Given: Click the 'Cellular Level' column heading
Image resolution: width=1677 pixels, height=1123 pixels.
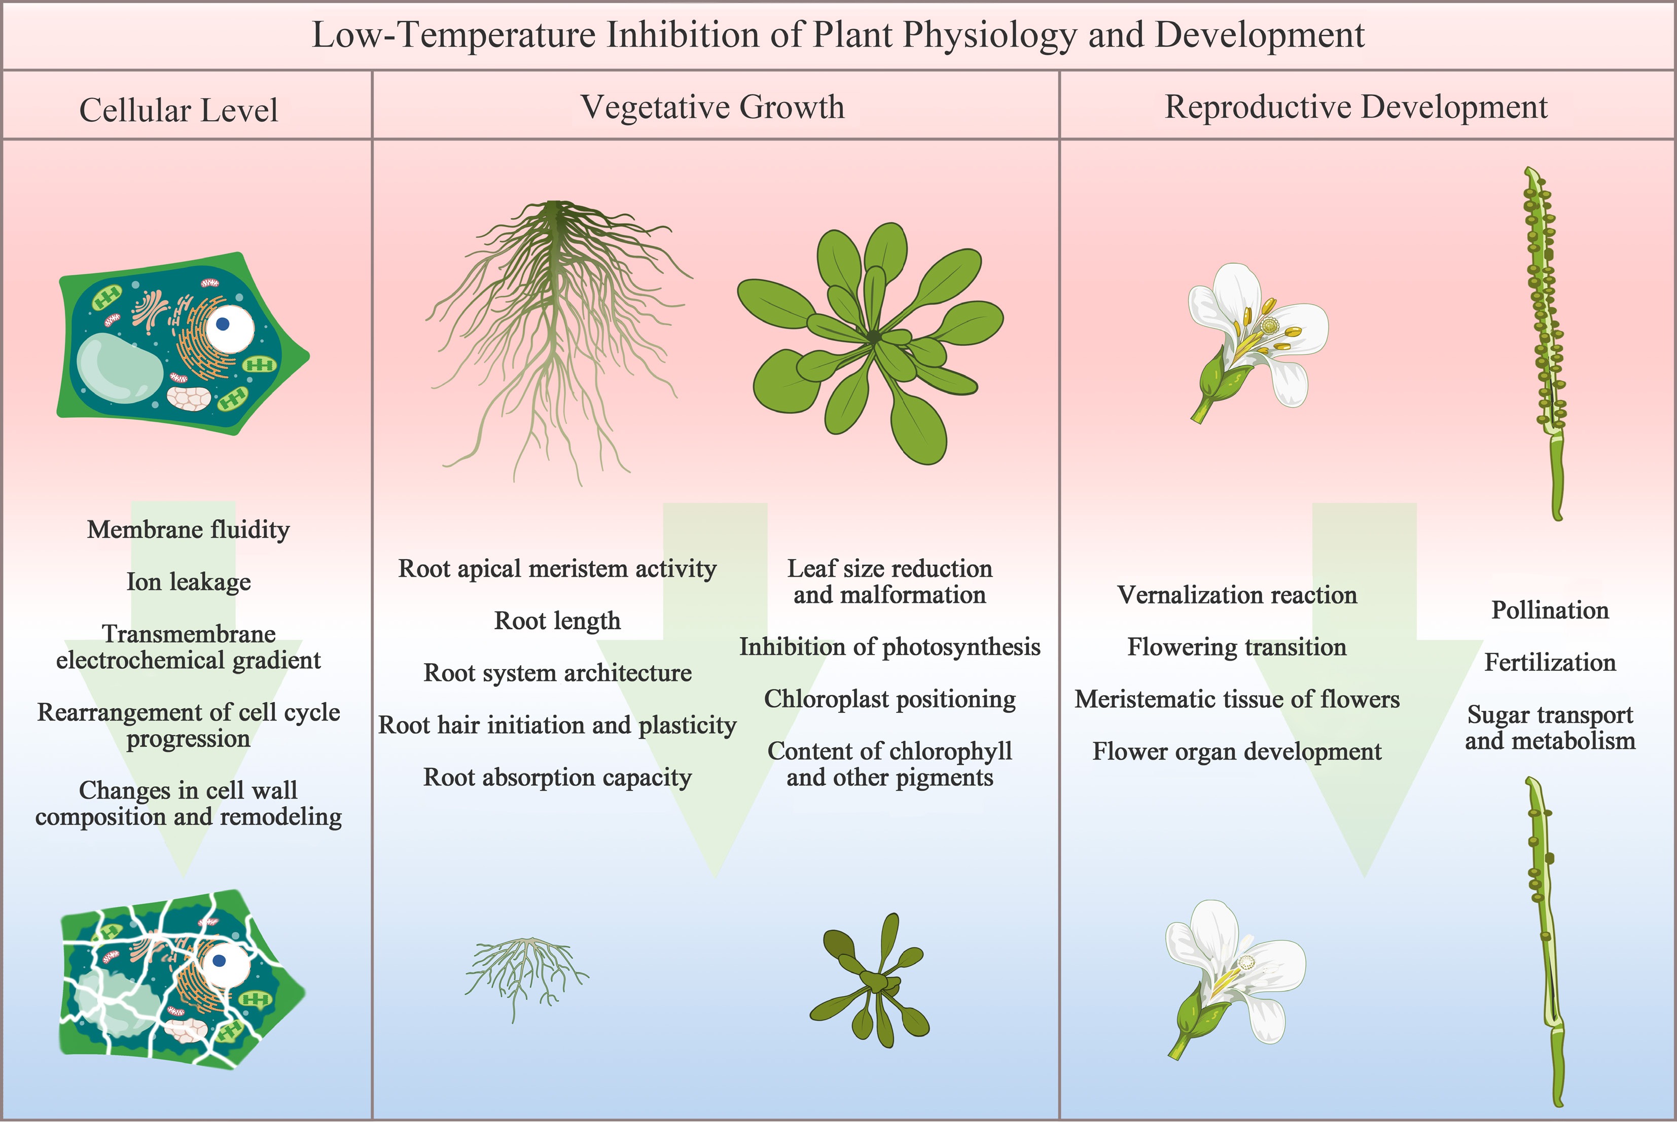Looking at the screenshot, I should point(179,111).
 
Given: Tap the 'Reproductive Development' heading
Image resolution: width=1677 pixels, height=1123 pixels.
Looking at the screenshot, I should point(1355,107).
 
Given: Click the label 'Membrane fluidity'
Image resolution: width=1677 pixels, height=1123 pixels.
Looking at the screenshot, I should point(189,530).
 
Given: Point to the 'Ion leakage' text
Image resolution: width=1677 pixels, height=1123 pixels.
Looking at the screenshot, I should point(189,582).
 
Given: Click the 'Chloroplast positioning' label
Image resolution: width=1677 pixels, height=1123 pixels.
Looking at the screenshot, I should point(890,699).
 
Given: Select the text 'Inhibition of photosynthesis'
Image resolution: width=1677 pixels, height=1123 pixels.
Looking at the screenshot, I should point(890,647).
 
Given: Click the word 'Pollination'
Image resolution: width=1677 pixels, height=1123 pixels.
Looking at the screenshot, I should point(1550,610).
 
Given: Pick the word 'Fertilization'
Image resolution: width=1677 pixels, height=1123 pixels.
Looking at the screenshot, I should point(1550,663).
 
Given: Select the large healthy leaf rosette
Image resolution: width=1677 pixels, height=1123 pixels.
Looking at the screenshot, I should point(870,340).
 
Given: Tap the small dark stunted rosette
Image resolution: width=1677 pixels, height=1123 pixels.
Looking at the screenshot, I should point(870,981).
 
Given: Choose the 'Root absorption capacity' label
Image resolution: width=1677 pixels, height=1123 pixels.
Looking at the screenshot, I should point(557,778).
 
